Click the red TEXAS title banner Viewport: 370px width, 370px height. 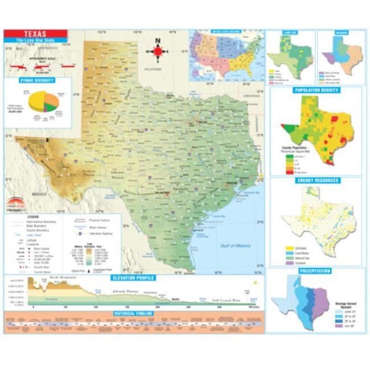pos(35,34)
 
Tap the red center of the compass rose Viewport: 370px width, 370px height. pos(158,51)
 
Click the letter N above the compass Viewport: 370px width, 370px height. pos(158,40)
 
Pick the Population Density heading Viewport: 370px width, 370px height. pos(315,91)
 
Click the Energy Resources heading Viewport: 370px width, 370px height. pos(315,180)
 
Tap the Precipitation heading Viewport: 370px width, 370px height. pos(315,271)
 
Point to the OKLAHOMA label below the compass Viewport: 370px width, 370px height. pos(155,68)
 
